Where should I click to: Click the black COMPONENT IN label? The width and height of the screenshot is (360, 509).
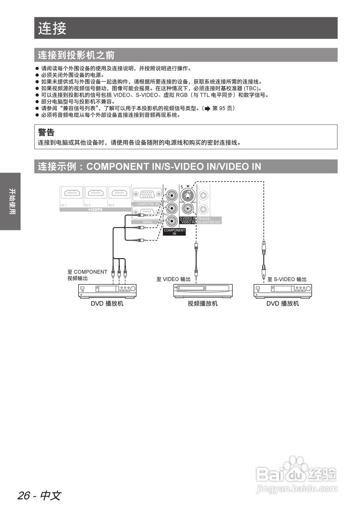coord(174,232)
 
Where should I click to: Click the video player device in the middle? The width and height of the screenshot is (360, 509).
coord(203,291)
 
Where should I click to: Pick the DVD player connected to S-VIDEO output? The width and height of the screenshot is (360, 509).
coord(282,291)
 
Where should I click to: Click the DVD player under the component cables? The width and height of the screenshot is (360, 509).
coord(107,291)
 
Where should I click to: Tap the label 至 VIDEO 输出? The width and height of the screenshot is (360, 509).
coord(173,279)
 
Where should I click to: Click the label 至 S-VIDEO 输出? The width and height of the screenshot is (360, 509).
coord(287,280)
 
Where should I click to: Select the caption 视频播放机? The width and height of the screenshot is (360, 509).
coord(203,304)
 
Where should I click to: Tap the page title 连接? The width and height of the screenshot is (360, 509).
coord(52,28)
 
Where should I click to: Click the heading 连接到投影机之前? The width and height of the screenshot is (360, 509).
coord(76,55)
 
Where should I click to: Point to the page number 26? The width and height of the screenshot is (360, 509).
coord(24,496)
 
